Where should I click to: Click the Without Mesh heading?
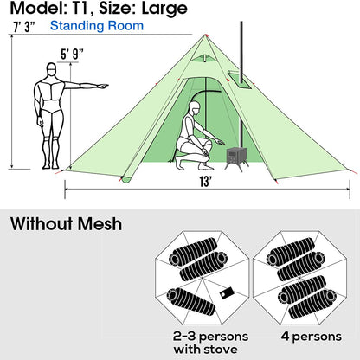[66, 225]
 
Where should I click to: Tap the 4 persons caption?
[303, 334]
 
